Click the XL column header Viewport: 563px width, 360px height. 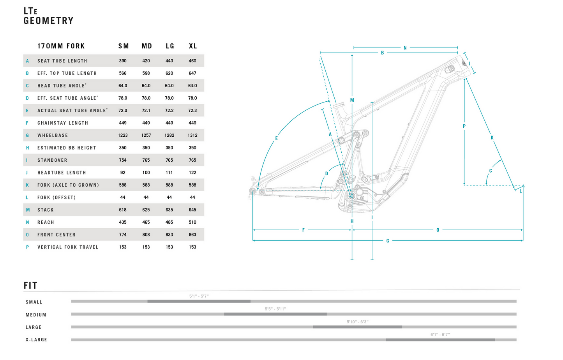193,46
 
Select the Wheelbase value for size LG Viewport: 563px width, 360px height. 169,135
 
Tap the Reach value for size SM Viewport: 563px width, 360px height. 123,222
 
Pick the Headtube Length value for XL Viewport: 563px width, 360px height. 192,173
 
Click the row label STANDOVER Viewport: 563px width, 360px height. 52,160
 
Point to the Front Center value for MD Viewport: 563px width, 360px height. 146,235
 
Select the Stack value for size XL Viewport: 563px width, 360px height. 192,210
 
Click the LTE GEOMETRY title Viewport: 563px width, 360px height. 48,16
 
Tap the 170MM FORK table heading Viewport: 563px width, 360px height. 61,46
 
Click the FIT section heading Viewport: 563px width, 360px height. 30,286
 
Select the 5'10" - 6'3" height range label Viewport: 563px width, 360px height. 357,322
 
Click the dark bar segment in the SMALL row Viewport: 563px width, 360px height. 199,301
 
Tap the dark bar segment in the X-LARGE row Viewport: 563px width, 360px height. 440,340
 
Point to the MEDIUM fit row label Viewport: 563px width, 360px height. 36,315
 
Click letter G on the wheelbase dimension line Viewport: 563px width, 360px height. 388,241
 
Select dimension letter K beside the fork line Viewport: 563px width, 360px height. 492,138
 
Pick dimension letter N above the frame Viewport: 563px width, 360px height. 405,48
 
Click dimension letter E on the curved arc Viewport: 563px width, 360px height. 276,138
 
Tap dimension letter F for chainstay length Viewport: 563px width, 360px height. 304,230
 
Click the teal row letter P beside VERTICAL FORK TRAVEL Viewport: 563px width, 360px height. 27,247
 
